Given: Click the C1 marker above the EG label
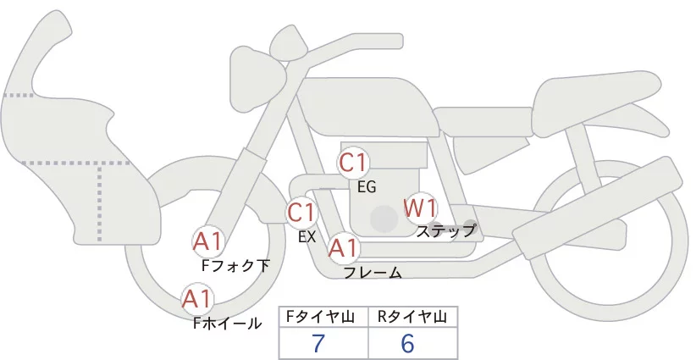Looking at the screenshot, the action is click(x=353, y=163).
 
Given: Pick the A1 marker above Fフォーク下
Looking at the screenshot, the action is click(x=207, y=242).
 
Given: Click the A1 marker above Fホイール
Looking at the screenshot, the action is click(x=197, y=299).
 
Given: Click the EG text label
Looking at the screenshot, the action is click(x=367, y=186).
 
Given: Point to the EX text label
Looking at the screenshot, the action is click(x=307, y=237).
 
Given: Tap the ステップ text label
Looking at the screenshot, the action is click(x=446, y=230).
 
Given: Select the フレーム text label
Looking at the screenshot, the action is click(x=373, y=273).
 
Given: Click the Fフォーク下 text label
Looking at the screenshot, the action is click(x=235, y=266).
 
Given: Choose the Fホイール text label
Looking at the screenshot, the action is click(x=227, y=323).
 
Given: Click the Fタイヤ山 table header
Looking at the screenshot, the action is click(x=324, y=317).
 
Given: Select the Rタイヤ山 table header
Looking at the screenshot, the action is click(x=412, y=317).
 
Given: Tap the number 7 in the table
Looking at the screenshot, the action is click(x=318, y=344).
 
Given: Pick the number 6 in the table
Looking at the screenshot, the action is click(x=407, y=344).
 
